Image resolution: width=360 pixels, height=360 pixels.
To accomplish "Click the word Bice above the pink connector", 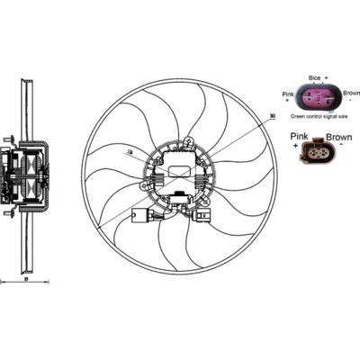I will click(313, 79).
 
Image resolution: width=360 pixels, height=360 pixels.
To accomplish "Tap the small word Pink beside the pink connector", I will click(288, 94).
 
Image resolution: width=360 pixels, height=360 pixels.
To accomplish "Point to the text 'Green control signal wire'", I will click(320, 117).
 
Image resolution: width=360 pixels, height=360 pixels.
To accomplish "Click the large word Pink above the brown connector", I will click(301, 137).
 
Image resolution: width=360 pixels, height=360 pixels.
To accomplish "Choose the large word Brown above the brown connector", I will click(338, 137).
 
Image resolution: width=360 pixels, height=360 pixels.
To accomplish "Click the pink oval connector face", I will click(319, 98).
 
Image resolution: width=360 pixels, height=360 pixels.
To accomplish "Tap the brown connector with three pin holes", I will click(319, 155).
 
